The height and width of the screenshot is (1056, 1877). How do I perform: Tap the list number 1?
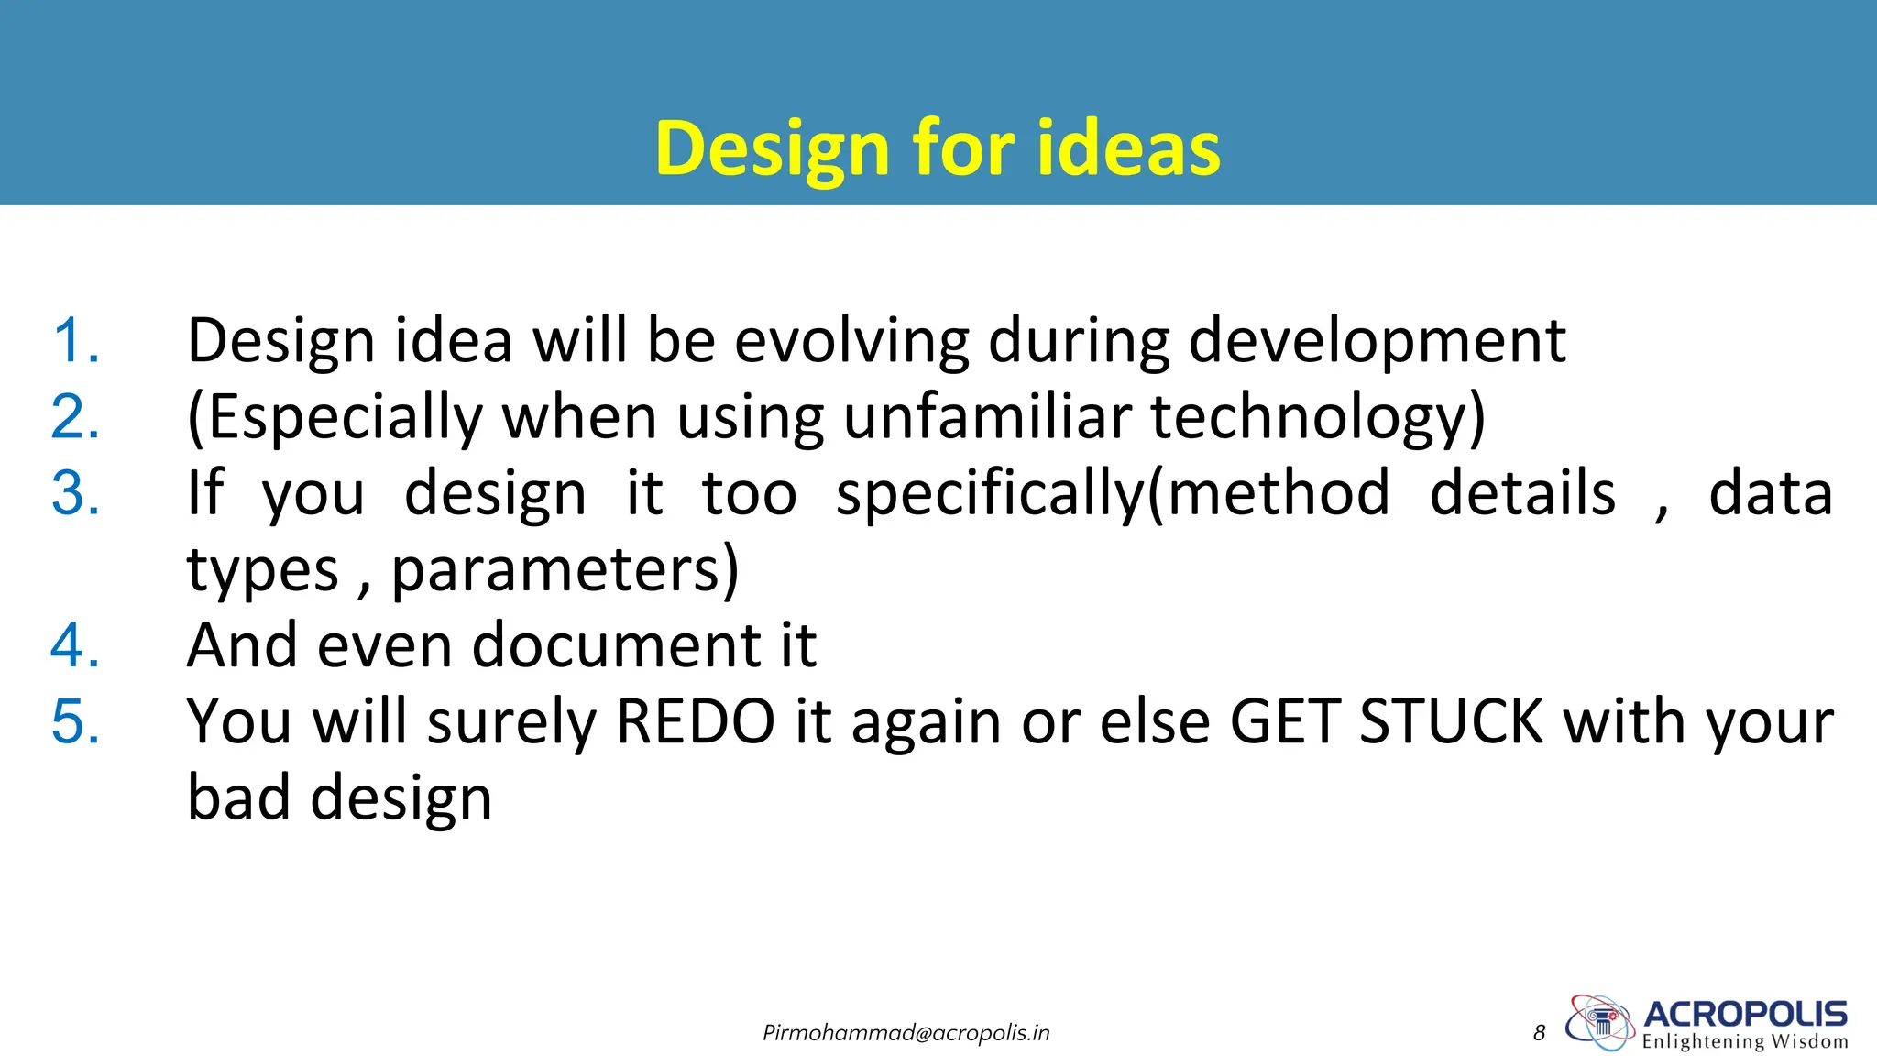pyautogui.click(x=75, y=341)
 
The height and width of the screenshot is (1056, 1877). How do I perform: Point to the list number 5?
pyautogui.click(x=75, y=722)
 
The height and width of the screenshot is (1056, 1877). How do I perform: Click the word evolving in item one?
pyautogui.click(x=851, y=341)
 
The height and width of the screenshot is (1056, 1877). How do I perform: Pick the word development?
pyautogui.click(x=1377, y=341)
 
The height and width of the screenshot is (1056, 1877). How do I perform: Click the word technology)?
pyautogui.click(x=1317, y=417)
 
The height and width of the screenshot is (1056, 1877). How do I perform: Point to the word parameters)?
pyautogui.click(x=565, y=570)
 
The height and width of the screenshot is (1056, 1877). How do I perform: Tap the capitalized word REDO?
pyautogui.click(x=696, y=722)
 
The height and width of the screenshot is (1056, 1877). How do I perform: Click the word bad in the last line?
pyautogui.click(x=239, y=798)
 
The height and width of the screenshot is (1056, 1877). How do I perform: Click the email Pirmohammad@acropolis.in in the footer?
pyautogui.click(x=906, y=1034)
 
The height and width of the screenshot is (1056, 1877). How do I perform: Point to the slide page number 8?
pyautogui.click(x=1539, y=1034)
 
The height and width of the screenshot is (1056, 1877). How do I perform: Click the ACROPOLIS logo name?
pyautogui.click(x=1745, y=1015)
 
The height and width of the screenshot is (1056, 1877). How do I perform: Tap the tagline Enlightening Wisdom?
pyautogui.click(x=1745, y=1042)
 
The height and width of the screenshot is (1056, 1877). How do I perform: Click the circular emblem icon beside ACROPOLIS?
pyautogui.click(x=1599, y=1022)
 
